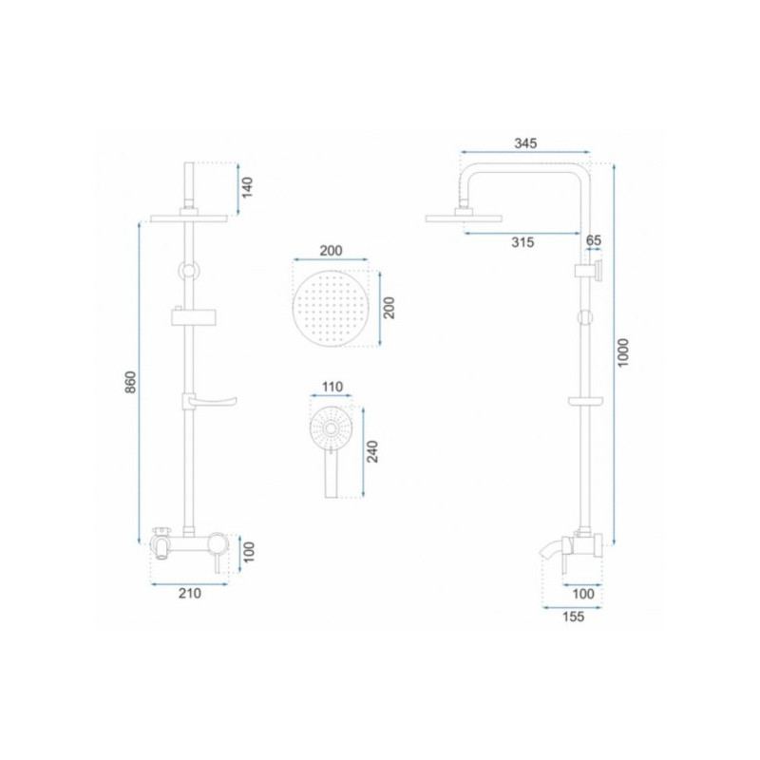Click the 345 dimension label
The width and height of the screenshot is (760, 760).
(525, 143)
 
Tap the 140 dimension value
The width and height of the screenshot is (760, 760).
(247, 188)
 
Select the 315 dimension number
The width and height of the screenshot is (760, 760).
(522, 242)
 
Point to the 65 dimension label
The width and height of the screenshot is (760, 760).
(593, 240)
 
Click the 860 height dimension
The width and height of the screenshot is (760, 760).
(131, 382)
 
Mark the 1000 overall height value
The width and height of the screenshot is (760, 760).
(623, 352)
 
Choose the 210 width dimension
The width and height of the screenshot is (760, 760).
(189, 593)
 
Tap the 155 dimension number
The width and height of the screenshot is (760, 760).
(573, 617)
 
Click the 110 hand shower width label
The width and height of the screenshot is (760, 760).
(332, 387)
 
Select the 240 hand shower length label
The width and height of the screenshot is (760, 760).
(372, 452)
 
